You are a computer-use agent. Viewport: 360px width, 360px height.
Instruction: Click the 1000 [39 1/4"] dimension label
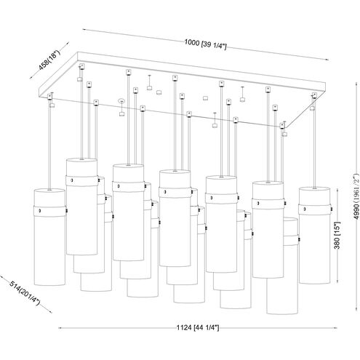(x=205, y=44)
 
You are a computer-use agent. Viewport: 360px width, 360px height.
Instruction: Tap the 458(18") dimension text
(x=49, y=60)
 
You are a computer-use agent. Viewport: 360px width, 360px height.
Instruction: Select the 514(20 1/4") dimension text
(x=24, y=293)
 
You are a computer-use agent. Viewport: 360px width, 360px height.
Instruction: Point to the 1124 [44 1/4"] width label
(x=198, y=328)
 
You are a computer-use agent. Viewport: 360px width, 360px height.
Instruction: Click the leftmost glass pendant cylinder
(x=49, y=236)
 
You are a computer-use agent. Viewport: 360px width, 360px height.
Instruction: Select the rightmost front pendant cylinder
(x=314, y=235)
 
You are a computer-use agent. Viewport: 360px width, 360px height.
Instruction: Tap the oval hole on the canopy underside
(x=121, y=100)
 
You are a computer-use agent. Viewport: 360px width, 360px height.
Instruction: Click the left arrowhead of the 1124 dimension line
(x=60, y=328)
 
